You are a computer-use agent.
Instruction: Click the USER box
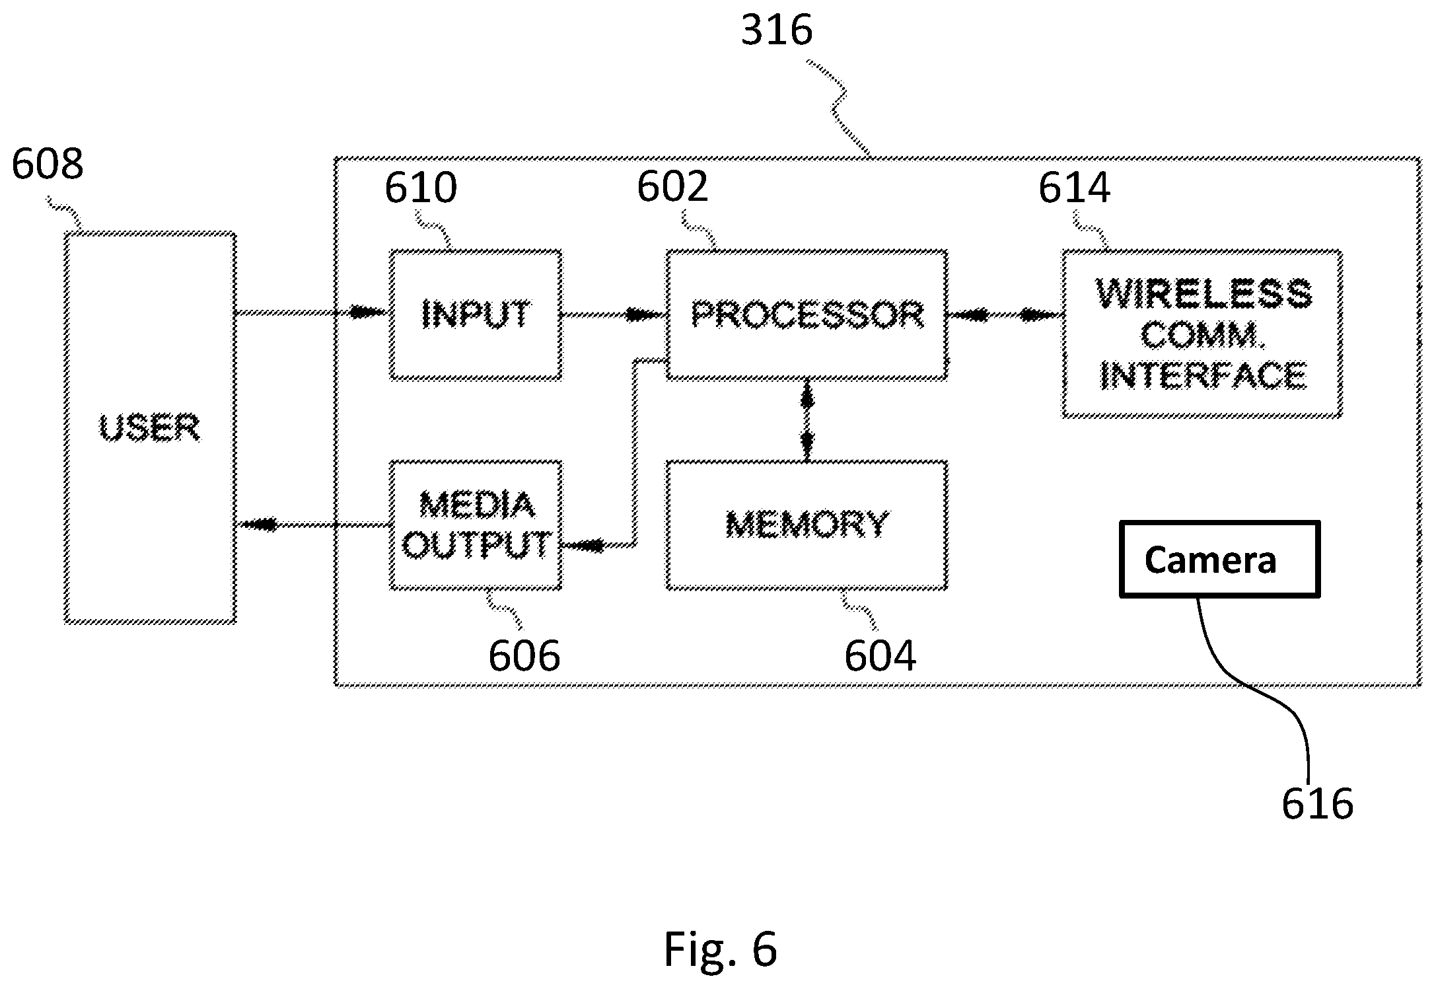[150, 427]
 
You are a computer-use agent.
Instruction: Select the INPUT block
[476, 315]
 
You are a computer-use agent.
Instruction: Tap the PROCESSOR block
[807, 314]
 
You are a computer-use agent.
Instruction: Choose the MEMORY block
[807, 525]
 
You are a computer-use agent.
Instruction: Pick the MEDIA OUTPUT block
[476, 525]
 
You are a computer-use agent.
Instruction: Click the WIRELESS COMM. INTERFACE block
[1202, 334]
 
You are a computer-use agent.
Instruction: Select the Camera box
[1219, 559]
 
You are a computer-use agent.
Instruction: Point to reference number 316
[776, 30]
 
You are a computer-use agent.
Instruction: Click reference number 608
[48, 164]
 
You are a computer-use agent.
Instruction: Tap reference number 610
[421, 188]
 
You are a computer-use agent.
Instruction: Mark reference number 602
[672, 186]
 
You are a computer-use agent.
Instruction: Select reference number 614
[1075, 188]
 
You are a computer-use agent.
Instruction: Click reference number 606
[524, 655]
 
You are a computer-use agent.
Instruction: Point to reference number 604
[880, 655]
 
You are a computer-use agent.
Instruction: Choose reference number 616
[1318, 803]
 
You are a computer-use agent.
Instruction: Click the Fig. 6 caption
[720, 949]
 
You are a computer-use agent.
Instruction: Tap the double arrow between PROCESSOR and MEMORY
[807, 420]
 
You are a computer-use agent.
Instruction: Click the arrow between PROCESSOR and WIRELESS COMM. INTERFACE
[1005, 316]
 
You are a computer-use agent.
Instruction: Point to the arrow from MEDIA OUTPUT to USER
[313, 525]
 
